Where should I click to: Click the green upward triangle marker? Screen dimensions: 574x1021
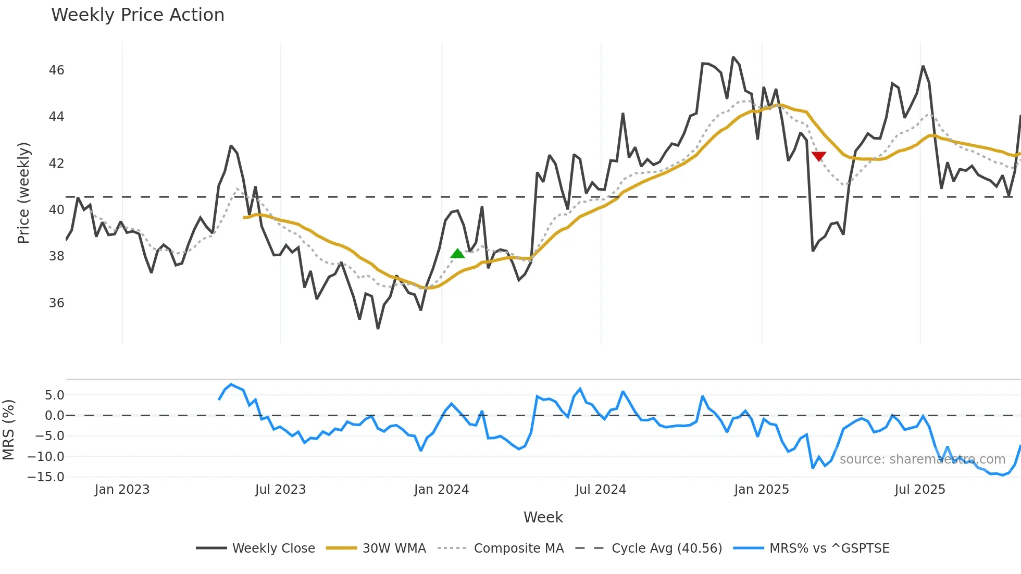[x=457, y=254]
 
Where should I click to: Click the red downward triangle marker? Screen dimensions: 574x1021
[x=819, y=156]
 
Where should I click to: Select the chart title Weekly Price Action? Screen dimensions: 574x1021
[x=138, y=15]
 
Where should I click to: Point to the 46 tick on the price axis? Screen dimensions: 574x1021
[x=56, y=70]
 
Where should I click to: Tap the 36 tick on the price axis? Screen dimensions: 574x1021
[x=56, y=303]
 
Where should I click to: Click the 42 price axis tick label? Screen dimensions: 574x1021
[x=56, y=164]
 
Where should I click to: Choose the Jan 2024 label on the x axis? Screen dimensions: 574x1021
[x=441, y=490]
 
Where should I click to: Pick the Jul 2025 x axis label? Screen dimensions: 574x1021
[x=919, y=490]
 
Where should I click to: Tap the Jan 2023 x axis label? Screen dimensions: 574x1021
[x=122, y=490]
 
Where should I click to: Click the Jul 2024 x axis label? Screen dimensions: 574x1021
[x=601, y=490]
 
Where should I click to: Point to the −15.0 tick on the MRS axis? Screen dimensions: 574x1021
[x=46, y=477]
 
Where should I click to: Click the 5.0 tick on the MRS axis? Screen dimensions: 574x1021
[x=54, y=395]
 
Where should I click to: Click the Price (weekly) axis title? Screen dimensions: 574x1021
[x=24, y=193]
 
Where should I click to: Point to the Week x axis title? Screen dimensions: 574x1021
[x=543, y=517]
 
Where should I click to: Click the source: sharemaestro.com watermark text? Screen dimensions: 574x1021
[x=922, y=459]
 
